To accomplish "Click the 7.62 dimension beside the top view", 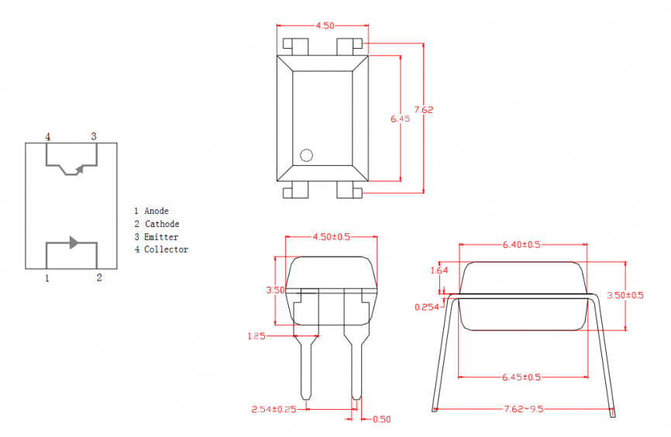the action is coord(424,110).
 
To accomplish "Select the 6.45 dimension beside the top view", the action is coord(400,119).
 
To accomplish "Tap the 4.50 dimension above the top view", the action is coord(325,26).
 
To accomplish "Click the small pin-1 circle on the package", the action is coord(306,155).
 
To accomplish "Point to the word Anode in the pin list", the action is coord(157,211).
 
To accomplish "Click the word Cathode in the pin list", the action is coord(162,224).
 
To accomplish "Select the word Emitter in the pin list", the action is coord(161,236).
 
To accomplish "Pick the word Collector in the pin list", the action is coord(166,249).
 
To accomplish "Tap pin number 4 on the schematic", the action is coord(48,137).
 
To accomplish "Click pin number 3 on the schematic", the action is coord(94,136).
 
